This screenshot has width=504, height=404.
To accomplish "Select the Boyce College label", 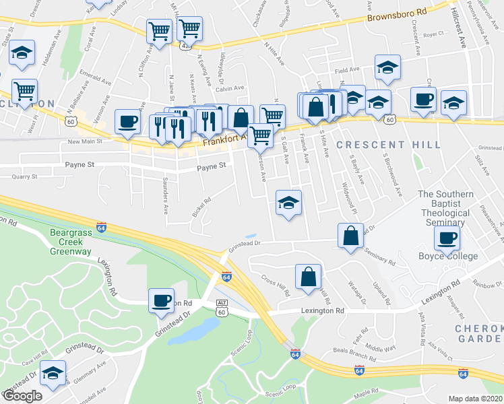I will (x=448, y=256).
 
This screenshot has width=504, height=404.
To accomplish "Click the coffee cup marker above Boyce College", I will (x=447, y=236).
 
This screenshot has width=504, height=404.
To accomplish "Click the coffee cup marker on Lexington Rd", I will (x=161, y=300).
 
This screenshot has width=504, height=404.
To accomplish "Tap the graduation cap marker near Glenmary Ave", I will (x=53, y=372).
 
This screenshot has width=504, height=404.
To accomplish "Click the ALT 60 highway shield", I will (x=222, y=308).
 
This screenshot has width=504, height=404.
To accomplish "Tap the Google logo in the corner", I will (x=22, y=396).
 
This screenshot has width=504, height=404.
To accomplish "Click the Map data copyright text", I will (x=475, y=398).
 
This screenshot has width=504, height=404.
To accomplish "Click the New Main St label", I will (x=84, y=141).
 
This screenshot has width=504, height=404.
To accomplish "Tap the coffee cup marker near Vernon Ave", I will (x=127, y=121).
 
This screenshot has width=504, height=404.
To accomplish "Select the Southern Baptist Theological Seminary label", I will (x=445, y=208).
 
